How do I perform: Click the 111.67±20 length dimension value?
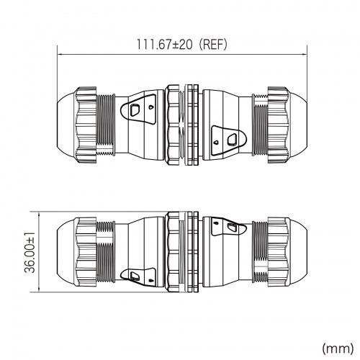tap(165, 45)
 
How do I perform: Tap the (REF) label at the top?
tap(213, 45)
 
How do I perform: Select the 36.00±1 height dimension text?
tap(30, 253)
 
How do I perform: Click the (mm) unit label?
tap(338, 348)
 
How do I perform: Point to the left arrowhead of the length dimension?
tap(60, 54)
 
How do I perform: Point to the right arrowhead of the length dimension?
tap(305, 54)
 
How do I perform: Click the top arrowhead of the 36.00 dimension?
tap(39, 214)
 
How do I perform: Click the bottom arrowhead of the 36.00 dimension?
tap(39, 290)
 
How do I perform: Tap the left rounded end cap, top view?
tap(66, 125)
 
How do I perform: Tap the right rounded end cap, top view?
tap(298, 125)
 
